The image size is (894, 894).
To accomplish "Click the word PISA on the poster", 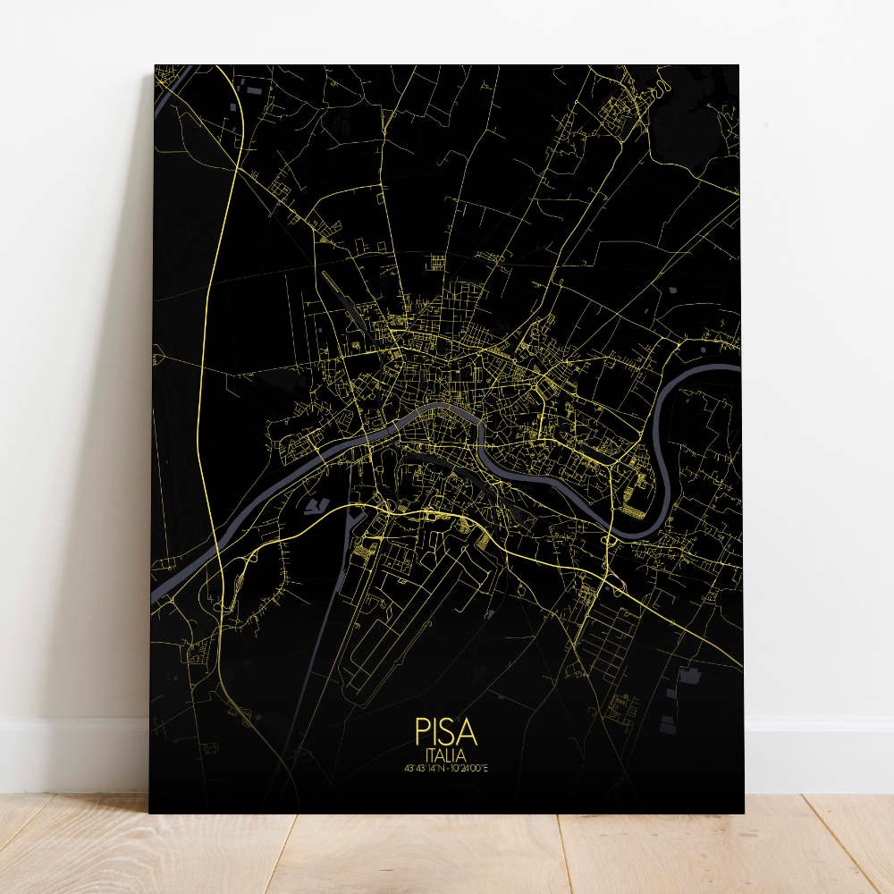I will point(446,732).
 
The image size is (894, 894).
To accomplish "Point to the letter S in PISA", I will point(448,732).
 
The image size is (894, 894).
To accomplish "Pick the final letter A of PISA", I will point(468,732).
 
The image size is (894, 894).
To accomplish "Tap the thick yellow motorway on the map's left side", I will point(207,358).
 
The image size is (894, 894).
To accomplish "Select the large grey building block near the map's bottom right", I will point(688,676).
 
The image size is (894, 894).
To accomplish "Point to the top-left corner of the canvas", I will point(156,66).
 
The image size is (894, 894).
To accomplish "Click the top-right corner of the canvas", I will point(738,66).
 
